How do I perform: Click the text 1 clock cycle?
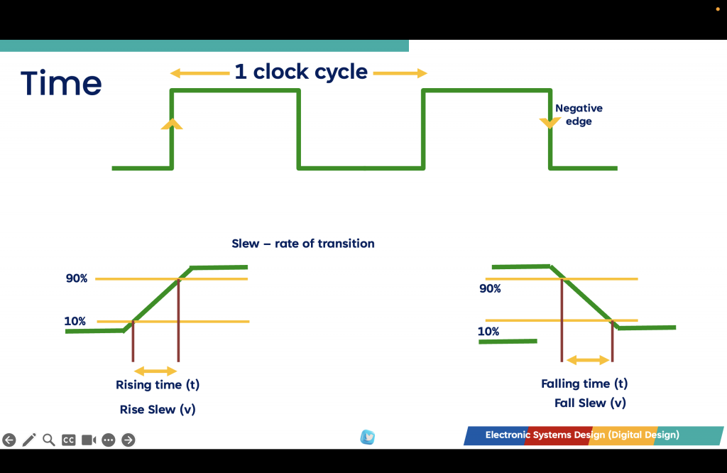coord(301,72)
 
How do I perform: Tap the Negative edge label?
coord(579,114)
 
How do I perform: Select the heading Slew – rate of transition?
coord(302,244)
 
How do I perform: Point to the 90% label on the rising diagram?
coord(77,278)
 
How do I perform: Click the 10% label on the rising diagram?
coord(75,321)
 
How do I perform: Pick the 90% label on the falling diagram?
coord(490,288)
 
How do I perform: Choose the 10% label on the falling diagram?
coord(488,332)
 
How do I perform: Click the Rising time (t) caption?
coord(158,385)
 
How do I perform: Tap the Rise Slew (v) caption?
coord(158,410)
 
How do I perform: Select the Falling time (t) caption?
coord(584,384)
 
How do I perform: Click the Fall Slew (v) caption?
coord(590,403)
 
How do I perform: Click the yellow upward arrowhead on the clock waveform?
coord(172,124)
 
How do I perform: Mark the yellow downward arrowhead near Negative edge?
coord(550,123)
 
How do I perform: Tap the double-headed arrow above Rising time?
coord(155,371)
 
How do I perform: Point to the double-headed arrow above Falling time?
coord(588,360)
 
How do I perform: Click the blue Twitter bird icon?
coord(368,437)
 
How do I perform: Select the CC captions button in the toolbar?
coord(69,440)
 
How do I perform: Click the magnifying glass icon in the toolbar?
coord(49,440)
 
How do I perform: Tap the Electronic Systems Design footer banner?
coord(594,435)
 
